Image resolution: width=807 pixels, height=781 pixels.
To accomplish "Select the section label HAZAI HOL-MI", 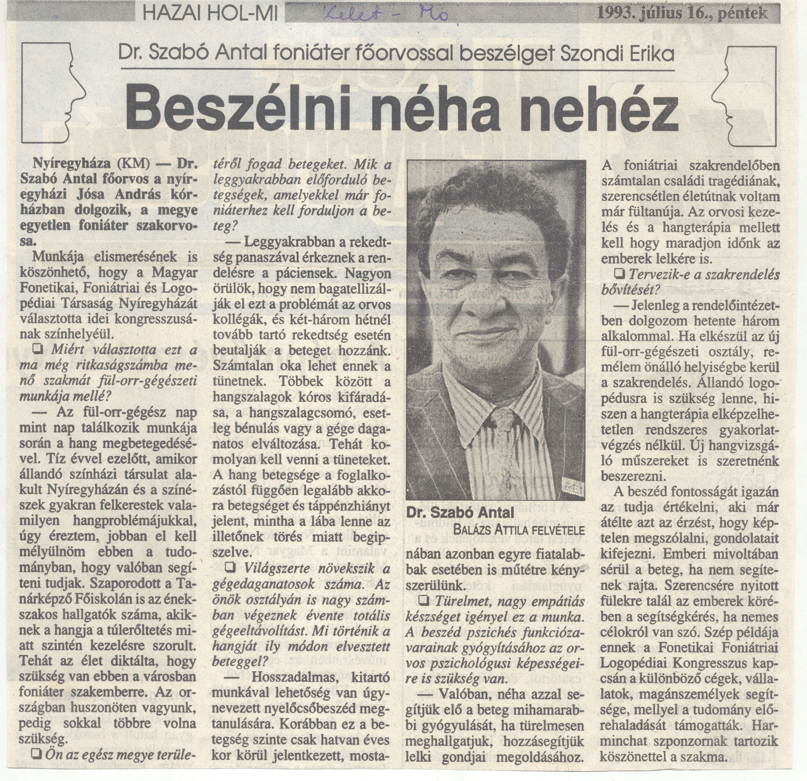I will click(210, 14).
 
